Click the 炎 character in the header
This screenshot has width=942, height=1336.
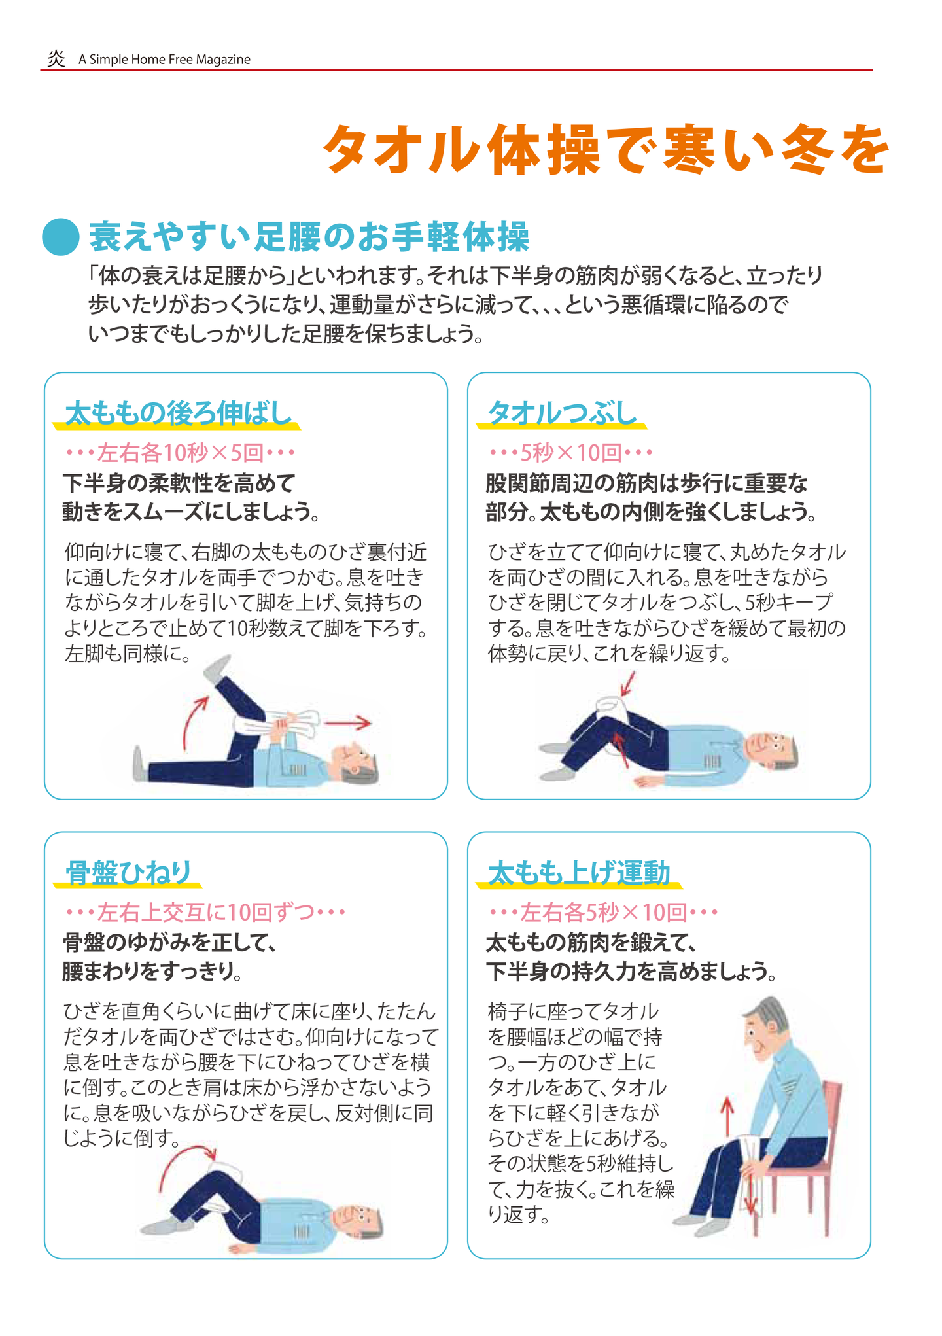[56, 59]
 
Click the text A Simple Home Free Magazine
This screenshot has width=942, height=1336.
[164, 60]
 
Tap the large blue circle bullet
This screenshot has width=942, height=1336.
[61, 236]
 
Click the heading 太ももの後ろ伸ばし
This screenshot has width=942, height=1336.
[178, 413]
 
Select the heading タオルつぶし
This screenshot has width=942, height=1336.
[562, 413]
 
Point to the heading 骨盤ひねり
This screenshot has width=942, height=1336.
[129, 873]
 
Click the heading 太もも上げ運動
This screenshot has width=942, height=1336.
[579, 873]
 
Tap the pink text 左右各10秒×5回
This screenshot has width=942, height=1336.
[181, 452]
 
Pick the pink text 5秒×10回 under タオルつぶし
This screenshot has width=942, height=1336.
[570, 452]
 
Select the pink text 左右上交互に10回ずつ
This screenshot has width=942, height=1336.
[205, 911]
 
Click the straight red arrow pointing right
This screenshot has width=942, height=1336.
[347, 723]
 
